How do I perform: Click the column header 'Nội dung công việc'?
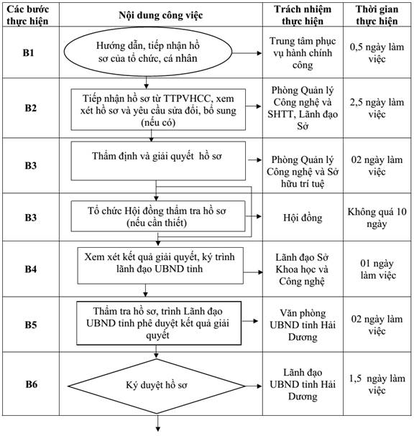click(x=161, y=15)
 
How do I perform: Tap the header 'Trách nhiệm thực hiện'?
click(x=303, y=15)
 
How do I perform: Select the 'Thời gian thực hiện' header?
click(x=377, y=15)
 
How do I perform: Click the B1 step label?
click(x=28, y=52)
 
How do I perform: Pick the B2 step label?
click(x=31, y=108)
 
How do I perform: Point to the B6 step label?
click(x=31, y=384)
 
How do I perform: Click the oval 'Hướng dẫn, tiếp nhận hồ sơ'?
click(x=148, y=52)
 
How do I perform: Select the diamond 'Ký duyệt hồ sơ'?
click(x=157, y=386)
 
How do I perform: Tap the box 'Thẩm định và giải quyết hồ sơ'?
click(x=158, y=161)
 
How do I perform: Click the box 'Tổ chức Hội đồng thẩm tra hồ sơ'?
click(x=158, y=216)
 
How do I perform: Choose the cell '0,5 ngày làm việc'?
click(x=377, y=53)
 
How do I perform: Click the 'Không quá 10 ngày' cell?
click(x=377, y=218)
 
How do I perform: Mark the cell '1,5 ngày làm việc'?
click(x=377, y=384)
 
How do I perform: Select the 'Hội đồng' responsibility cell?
click(x=303, y=218)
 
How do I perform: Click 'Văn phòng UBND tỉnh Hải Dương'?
click(x=303, y=325)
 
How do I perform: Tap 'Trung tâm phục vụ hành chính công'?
click(x=303, y=53)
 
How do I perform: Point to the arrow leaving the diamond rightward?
click(x=253, y=386)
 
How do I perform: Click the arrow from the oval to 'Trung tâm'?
click(x=247, y=53)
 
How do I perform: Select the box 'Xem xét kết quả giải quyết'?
click(x=160, y=266)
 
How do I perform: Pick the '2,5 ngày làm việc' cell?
click(x=377, y=108)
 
